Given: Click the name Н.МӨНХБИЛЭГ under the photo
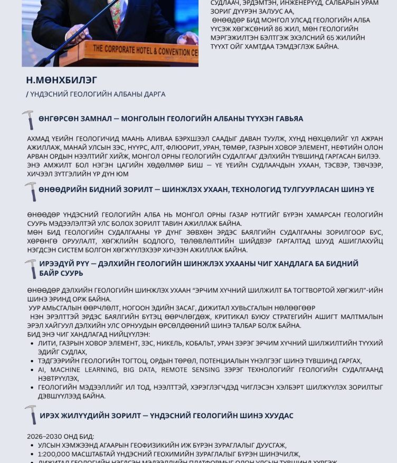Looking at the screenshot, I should tap(62, 80).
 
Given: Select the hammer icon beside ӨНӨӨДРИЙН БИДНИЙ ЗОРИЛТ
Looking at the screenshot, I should tap(31, 191).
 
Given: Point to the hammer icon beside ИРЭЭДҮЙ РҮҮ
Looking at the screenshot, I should tap(31, 268).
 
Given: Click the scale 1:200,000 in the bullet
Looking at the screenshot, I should tap(56, 454).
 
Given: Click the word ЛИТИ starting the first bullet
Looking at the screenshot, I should tap(46, 343).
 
